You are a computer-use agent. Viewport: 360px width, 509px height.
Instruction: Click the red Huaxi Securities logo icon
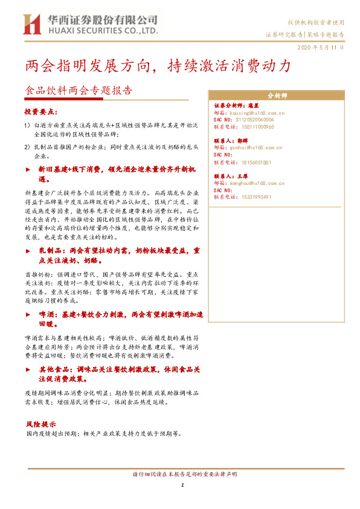31,24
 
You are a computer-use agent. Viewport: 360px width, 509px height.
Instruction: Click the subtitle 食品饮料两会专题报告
78,91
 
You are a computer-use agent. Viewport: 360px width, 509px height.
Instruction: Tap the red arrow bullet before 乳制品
28,250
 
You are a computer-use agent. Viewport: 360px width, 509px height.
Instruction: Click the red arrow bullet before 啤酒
28,315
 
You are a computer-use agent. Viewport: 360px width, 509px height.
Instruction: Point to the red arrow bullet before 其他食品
28,368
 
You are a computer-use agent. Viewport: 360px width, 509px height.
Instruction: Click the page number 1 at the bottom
182,485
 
